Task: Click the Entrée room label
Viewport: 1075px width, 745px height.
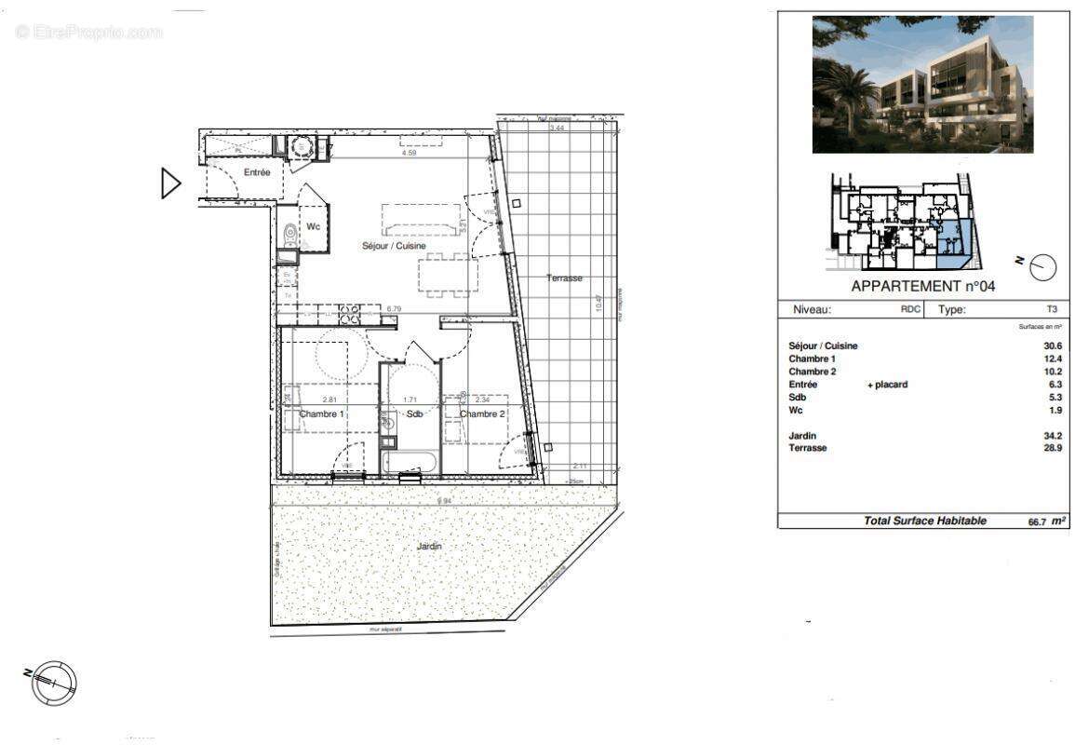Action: pos(257,172)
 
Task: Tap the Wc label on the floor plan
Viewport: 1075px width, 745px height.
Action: pos(314,225)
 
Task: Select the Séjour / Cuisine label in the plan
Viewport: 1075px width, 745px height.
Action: pos(394,246)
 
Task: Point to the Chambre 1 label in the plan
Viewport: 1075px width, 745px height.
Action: pos(321,413)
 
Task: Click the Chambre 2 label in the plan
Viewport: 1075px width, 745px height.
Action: pos(482,413)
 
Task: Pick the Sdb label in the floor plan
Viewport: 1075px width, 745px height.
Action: pos(415,413)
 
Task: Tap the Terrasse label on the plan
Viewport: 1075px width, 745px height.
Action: pos(564,278)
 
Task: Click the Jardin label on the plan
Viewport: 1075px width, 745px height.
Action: pos(429,547)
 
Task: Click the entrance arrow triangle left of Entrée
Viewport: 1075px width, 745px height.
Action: pos(170,183)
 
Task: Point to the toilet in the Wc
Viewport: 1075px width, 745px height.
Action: pos(289,232)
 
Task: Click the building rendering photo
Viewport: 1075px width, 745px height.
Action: pos(922,84)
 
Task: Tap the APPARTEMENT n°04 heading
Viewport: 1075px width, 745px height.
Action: pos(922,287)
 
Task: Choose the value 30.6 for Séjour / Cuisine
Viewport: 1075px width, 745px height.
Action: pos(1052,345)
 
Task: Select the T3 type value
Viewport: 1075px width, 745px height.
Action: pos(1052,310)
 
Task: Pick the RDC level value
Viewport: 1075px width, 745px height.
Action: pos(910,310)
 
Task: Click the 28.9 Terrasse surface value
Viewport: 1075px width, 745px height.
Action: pos(1052,448)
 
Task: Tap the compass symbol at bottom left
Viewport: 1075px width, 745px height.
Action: pos(54,683)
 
